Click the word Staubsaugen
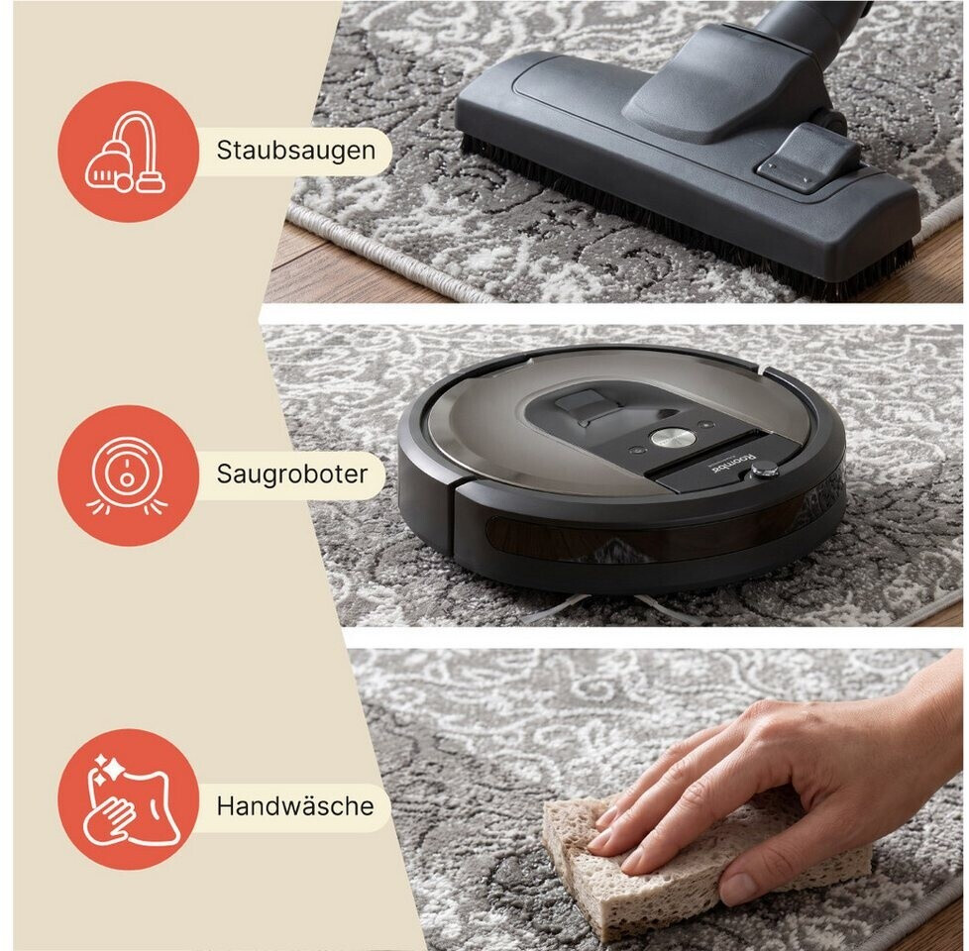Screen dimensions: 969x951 [296, 151]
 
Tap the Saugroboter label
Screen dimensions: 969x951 [291, 474]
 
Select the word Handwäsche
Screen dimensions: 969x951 [295, 805]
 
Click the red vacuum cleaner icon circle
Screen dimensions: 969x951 [128, 152]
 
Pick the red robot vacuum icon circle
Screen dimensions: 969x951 [128, 475]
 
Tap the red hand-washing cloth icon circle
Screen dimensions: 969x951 [128, 799]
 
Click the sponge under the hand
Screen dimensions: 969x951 [680, 865]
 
